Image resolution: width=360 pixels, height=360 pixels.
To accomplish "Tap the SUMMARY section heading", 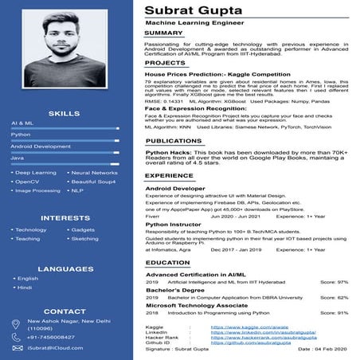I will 164,34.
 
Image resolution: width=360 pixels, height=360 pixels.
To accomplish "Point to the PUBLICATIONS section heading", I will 174,140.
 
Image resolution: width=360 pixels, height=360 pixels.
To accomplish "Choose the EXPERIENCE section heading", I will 170,175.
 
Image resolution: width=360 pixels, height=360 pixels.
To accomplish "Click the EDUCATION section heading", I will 168,262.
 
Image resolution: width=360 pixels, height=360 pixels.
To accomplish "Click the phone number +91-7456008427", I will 50,338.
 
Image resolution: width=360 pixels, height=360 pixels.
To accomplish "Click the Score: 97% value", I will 334,282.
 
